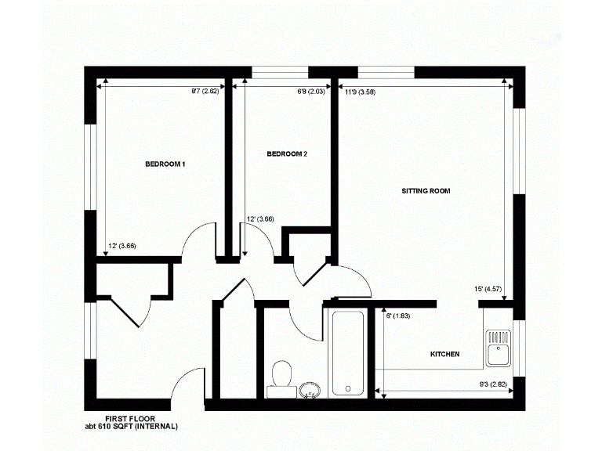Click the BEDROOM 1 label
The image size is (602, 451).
pos(165,164)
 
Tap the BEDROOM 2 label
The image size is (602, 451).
pos(287,154)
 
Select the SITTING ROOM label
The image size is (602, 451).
pos(426,191)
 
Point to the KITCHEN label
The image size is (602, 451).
pos(444,355)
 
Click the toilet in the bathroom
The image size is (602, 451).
pos(280,374)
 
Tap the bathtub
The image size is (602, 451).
pos(348,352)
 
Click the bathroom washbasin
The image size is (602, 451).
pos(310,388)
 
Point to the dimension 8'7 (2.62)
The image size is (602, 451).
pos(205,92)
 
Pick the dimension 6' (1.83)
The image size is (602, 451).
pos(398,316)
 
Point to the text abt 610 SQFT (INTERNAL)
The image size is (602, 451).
pos(132,427)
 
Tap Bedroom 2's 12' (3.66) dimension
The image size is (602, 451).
pos(259,219)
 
